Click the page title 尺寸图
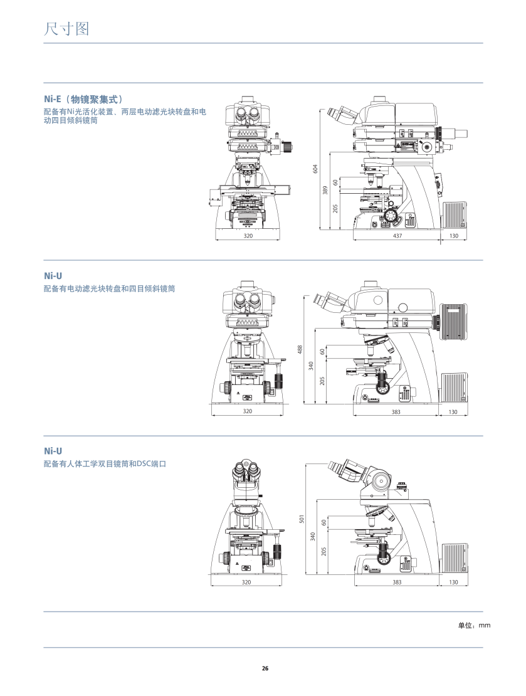click(67, 28)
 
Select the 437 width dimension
click(396, 236)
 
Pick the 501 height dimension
click(302, 519)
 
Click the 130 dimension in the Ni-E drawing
click(454, 236)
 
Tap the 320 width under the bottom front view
click(246, 583)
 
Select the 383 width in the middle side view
click(396, 411)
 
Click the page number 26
click(265, 668)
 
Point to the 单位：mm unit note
click(474, 625)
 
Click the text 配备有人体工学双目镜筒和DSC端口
click(105, 465)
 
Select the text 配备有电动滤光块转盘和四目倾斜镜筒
click(109, 288)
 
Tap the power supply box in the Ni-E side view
click(456, 215)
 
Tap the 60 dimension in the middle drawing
click(323, 352)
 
